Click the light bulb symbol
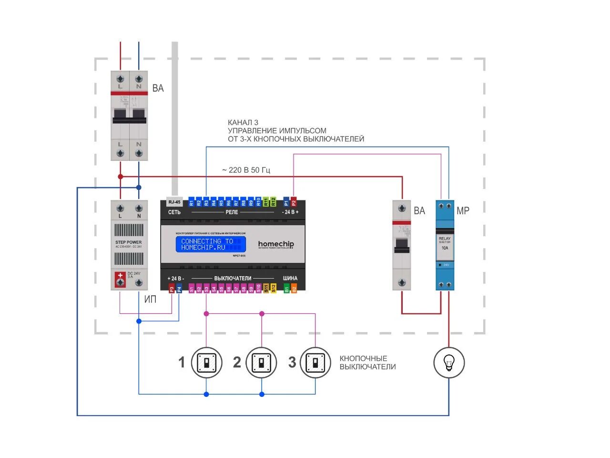(448, 363)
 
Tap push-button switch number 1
(206, 363)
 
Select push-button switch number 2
(261, 363)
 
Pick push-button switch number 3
(315, 363)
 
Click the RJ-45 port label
(174, 202)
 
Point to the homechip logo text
(276, 244)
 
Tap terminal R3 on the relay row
(206, 202)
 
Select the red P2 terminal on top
(294, 202)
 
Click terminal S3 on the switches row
(206, 288)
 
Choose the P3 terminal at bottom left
(172, 288)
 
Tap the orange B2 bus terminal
(294, 288)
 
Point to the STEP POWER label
(129, 242)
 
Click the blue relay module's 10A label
(445, 248)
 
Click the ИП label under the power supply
(150, 300)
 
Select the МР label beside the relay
(463, 210)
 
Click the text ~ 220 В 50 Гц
(246, 170)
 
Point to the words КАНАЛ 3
(243, 123)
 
